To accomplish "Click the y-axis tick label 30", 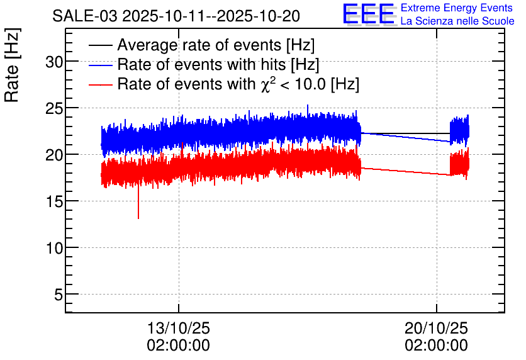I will pyautogui.click(x=53, y=62).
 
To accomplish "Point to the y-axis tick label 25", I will pyautogui.click(x=53, y=108).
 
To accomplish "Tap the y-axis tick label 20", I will pyautogui.click(x=53, y=155).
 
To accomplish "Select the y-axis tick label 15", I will pyautogui.click(x=53, y=201).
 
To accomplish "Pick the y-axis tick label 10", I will pyautogui.click(x=53, y=248).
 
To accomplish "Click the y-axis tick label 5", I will pyautogui.click(x=57, y=295).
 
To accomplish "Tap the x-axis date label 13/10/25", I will pyautogui.click(x=179, y=329).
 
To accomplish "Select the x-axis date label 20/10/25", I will pyautogui.click(x=436, y=329).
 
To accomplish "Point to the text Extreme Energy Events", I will pyautogui.click(x=457, y=8).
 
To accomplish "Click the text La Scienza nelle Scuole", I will pyautogui.click(x=457, y=21).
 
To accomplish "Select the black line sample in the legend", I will pyautogui.click(x=100, y=46).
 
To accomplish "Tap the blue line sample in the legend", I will pyautogui.click(x=100, y=65).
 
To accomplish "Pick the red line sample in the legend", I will pyautogui.click(x=100, y=84).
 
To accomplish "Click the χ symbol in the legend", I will pyautogui.click(x=265, y=86).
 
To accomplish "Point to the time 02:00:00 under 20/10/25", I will pyautogui.click(x=436, y=346).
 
